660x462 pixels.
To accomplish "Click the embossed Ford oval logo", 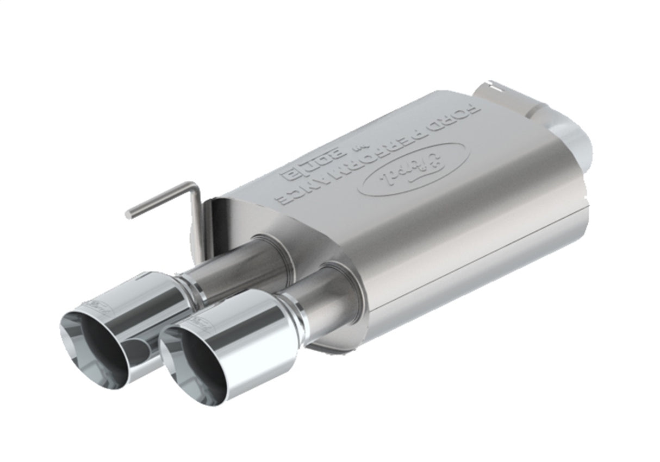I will [413, 169].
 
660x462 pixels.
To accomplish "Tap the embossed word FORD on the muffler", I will [465, 117].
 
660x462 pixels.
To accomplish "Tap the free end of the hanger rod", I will [129, 214].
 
